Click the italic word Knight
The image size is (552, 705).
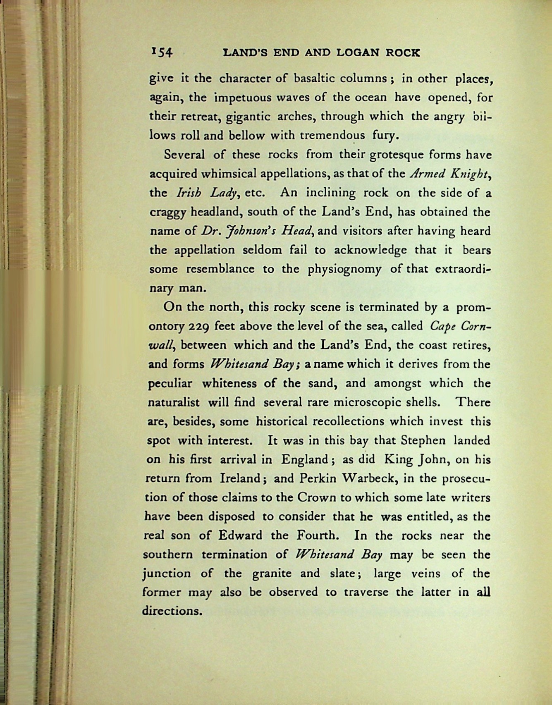tap(470, 173)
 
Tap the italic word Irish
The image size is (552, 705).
tap(190, 193)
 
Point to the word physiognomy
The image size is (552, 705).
tap(344, 269)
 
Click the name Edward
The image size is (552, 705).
tap(240, 535)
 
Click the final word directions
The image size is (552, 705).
tap(172, 611)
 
